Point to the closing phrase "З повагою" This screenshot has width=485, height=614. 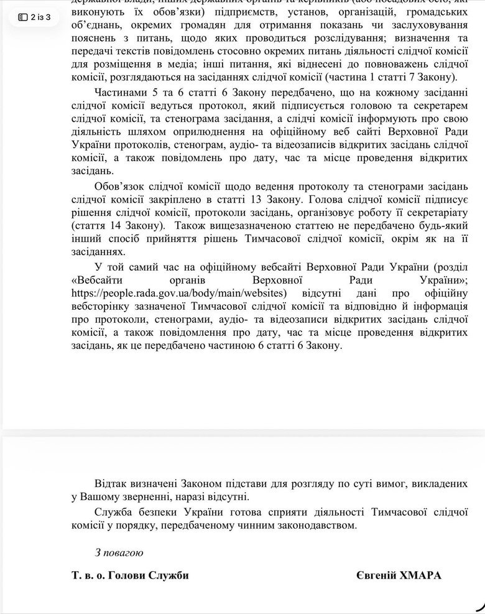click(x=119, y=552)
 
